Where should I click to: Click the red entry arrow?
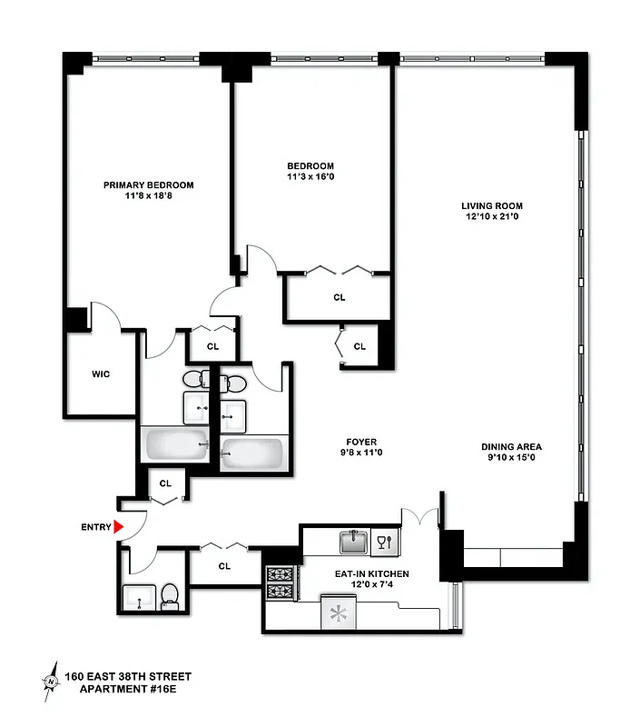pyautogui.click(x=118, y=526)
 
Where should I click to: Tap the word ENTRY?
pyautogui.click(x=95, y=527)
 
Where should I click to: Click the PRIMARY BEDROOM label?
pyautogui.click(x=148, y=184)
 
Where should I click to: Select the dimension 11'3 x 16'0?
pyautogui.click(x=310, y=178)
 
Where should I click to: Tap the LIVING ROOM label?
pyautogui.click(x=491, y=204)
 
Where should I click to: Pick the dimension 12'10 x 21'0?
pyautogui.click(x=491, y=216)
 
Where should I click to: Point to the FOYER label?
pyautogui.click(x=360, y=442)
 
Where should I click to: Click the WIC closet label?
pyautogui.click(x=100, y=374)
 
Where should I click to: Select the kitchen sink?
pyautogui.click(x=353, y=543)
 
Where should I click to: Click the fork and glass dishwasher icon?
pyautogui.click(x=385, y=543)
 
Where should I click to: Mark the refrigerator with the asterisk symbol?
pyautogui.click(x=340, y=612)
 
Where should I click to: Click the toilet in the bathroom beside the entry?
pyautogui.click(x=169, y=596)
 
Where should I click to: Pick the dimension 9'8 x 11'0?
pyautogui.click(x=360, y=453)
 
